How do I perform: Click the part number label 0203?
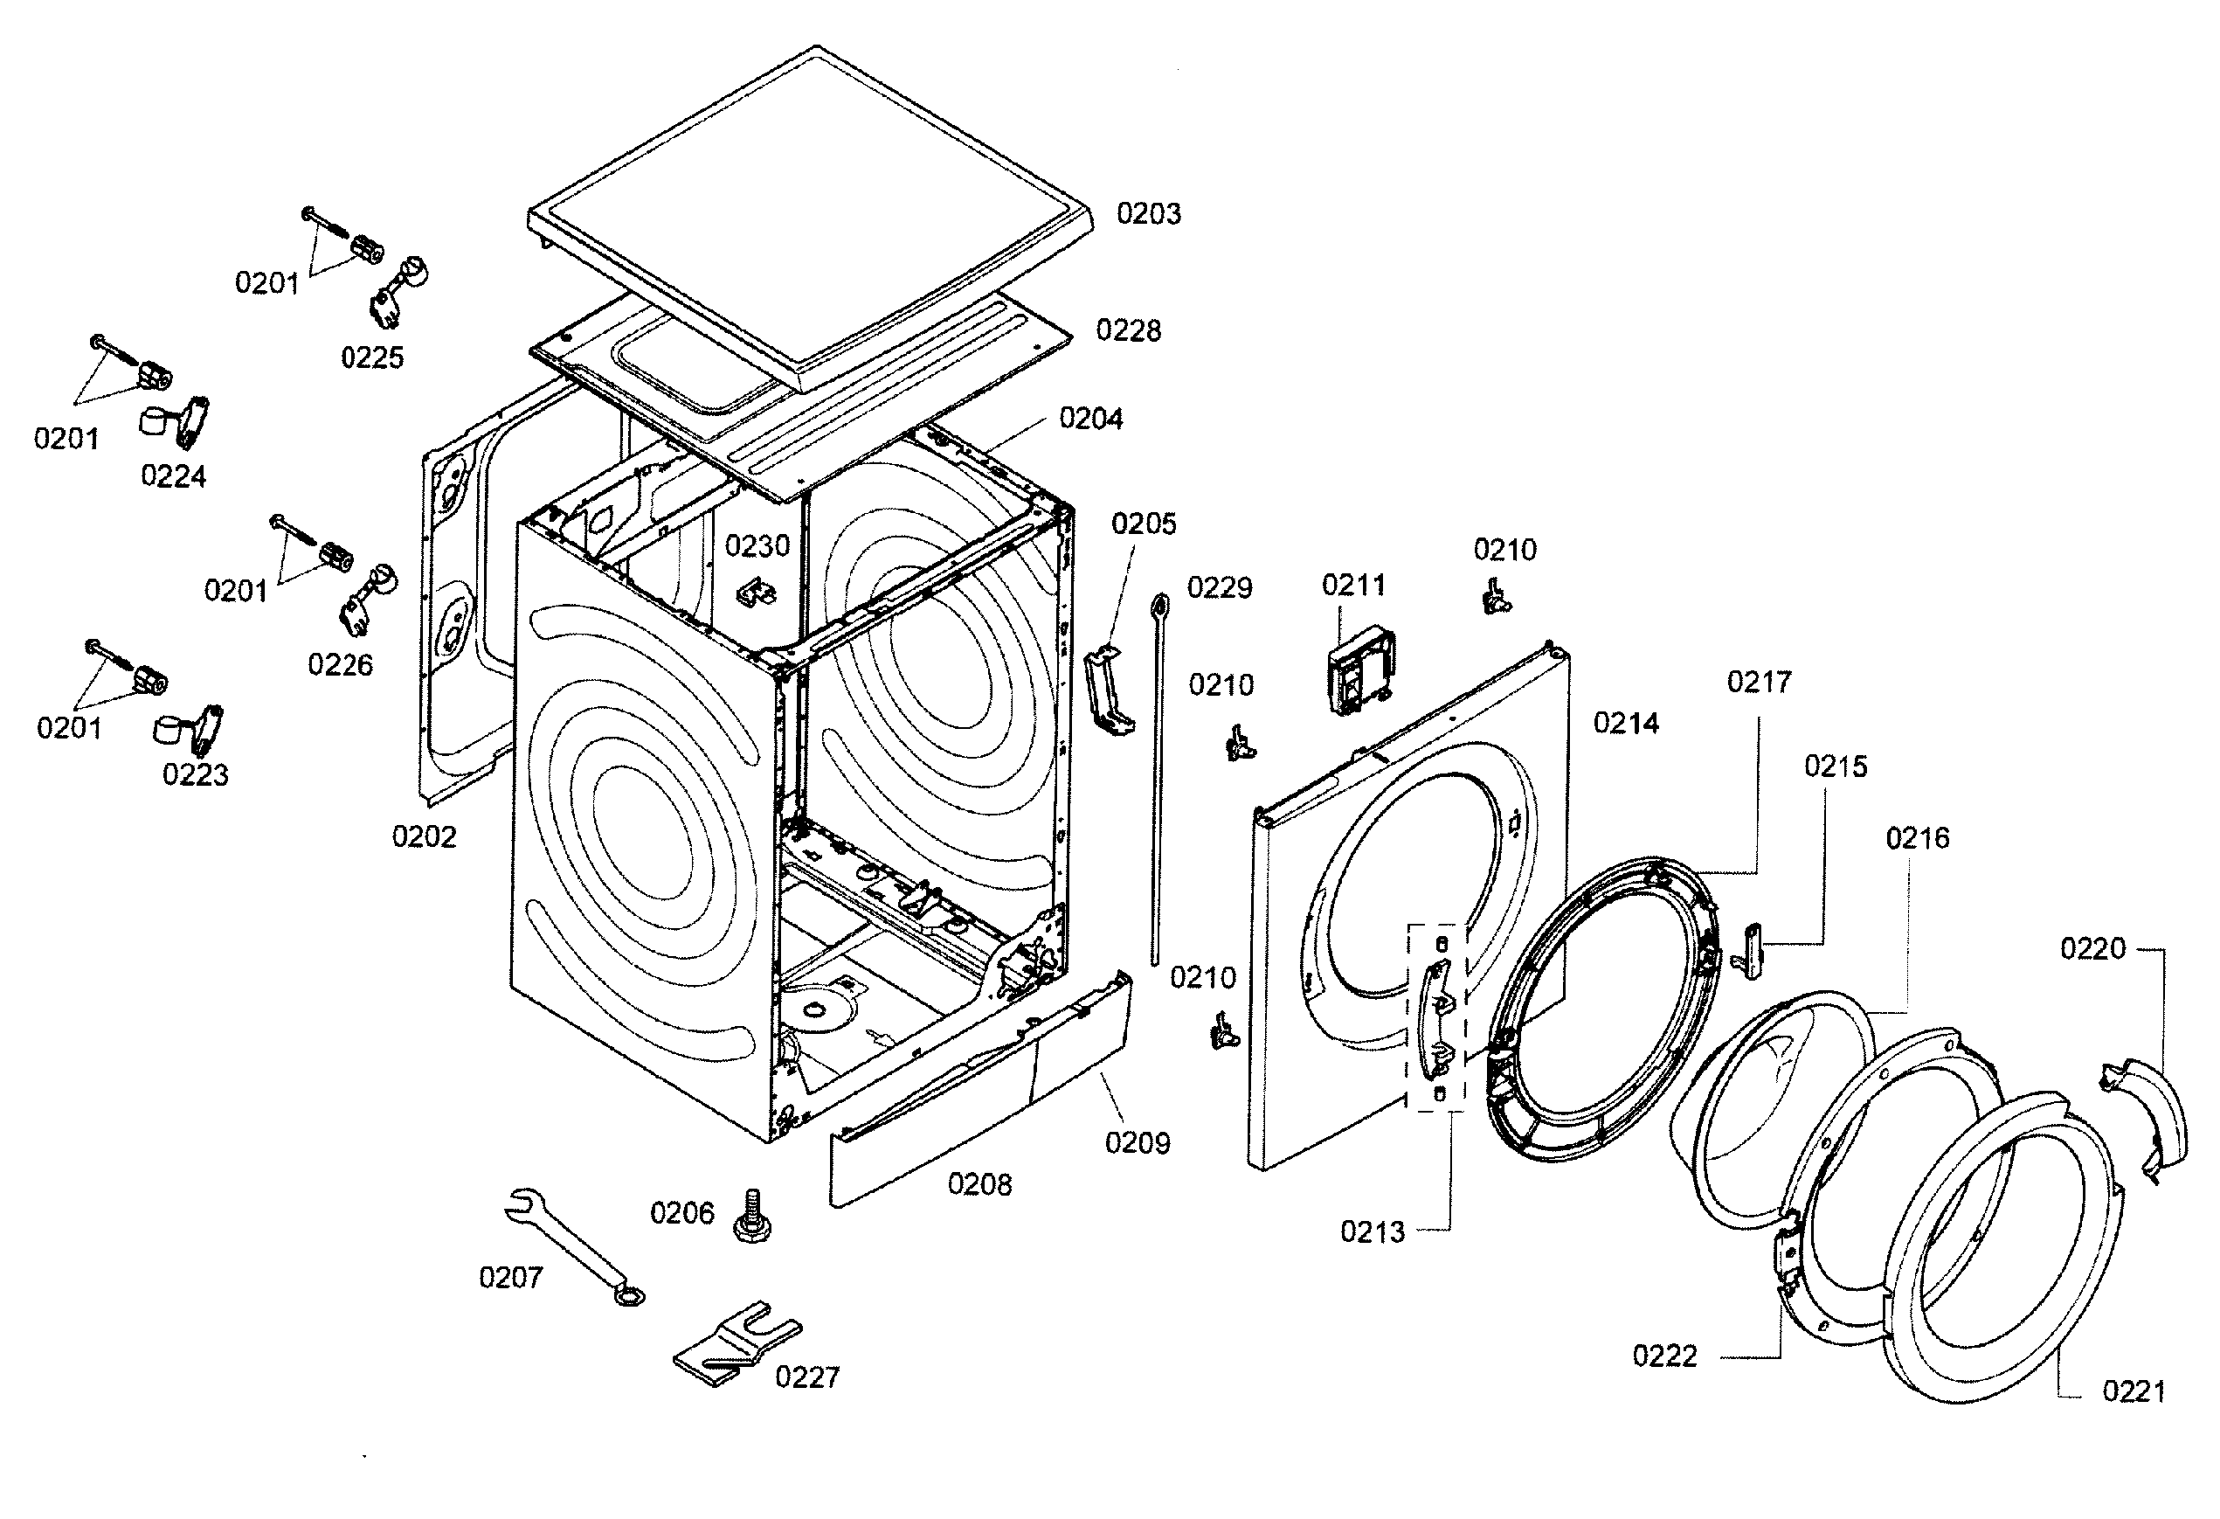click(1148, 214)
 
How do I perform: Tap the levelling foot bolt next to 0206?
click(751, 1217)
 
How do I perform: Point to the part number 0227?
click(807, 1377)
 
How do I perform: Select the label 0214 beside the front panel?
click(1626, 723)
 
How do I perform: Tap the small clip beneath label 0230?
click(757, 593)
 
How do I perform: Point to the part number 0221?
click(2134, 1391)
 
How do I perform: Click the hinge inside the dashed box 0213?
click(1439, 1020)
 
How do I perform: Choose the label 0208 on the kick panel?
click(979, 1184)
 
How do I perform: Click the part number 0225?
click(372, 357)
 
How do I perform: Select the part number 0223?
click(195, 774)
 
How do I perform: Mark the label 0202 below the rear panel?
click(424, 837)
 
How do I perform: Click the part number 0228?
click(1128, 330)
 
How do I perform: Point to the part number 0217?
click(1759, 682)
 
